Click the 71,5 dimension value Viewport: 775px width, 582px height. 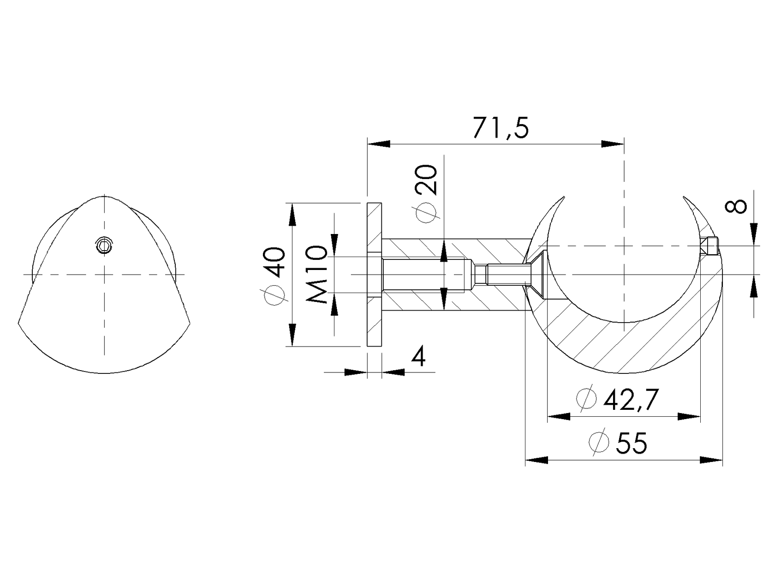point(500,129)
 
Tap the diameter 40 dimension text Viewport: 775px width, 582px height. point(274,276)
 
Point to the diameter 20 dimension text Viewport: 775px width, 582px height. point(425,194)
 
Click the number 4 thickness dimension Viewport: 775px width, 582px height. point(418,357)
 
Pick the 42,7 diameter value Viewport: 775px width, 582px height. point(630,400)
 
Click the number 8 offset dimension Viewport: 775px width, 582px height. point(735,206)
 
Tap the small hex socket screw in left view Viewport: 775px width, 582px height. point(104,246)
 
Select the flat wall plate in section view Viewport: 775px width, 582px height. point(374,274)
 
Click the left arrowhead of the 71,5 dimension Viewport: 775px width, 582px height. point(378,144)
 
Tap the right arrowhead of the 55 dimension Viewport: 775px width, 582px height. point(711,460)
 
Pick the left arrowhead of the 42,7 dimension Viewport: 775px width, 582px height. point(559,417)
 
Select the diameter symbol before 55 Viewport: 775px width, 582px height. point(599,443)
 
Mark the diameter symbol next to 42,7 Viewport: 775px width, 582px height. point(586,400)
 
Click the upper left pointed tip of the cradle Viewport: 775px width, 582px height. point(563,198)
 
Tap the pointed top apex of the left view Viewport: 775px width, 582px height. point(105,196)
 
